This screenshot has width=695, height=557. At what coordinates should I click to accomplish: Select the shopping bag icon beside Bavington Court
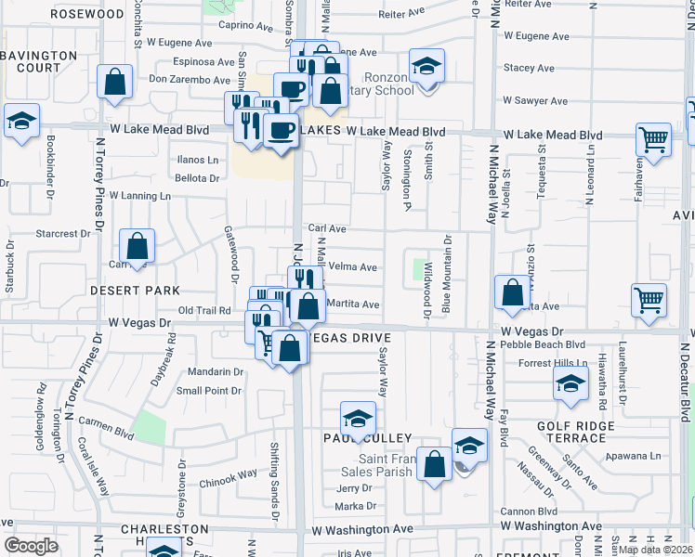point(116,81)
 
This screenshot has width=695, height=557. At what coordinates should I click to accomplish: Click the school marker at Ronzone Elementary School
point(427,67)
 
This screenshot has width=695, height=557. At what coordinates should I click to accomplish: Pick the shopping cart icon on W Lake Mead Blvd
point(654,140)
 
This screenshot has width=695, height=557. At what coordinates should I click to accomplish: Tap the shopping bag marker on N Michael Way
point(512,292)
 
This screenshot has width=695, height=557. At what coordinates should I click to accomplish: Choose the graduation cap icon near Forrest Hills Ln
point(570,382)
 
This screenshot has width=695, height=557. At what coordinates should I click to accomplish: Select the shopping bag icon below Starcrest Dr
point(137,248)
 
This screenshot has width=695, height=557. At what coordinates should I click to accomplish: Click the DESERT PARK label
point(135,291)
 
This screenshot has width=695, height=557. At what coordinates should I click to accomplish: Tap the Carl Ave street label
point(327,228)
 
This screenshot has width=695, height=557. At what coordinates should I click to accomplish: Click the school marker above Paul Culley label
point(357,419)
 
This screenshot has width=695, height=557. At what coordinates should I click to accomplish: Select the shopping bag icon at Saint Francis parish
point(434,463)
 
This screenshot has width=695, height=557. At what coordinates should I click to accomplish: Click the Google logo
point(31,546)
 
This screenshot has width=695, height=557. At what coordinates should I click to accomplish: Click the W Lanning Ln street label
point(140,196)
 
